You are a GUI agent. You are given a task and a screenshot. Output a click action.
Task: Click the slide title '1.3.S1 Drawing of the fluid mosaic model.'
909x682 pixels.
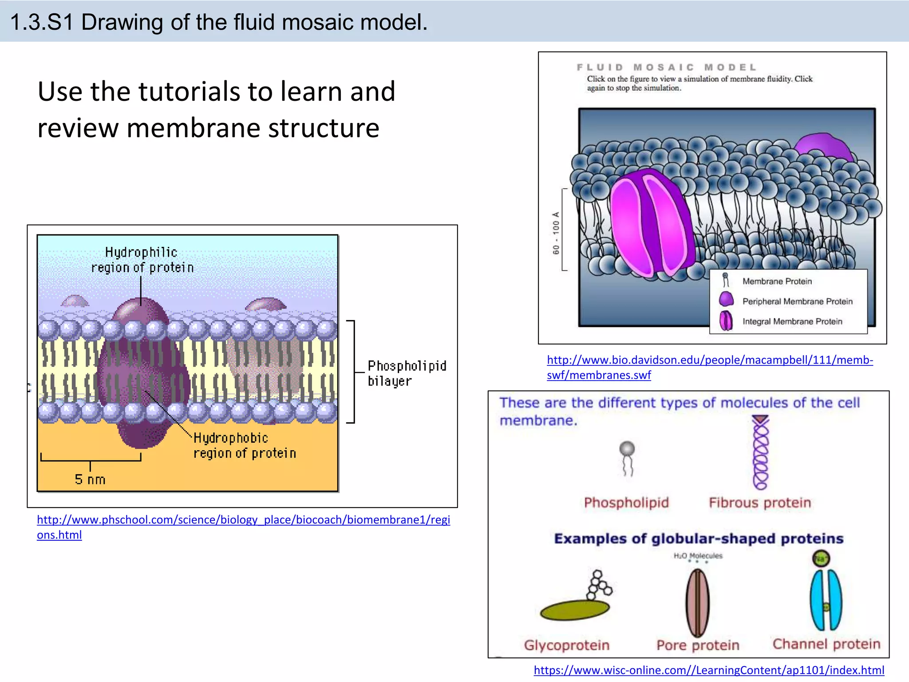click(x=218, y=22)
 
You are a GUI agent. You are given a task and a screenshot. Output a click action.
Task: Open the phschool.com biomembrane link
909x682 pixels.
click(x=243, y=520)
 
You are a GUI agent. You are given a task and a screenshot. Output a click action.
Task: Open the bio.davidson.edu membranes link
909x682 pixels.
click(x=709, y=360)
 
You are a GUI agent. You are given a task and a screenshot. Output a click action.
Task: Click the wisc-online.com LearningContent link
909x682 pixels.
click(x=708, y=670)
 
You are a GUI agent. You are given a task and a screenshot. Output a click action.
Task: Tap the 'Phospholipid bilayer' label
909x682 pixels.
click(x=406, y=373)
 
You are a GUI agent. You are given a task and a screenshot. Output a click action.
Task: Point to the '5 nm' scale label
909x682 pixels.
click(x=90, y=480)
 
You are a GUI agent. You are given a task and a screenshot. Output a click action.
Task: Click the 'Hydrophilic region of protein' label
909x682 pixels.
click(x=142, y=260)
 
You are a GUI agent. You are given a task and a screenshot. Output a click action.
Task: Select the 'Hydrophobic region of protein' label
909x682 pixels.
click(x=244, y=445)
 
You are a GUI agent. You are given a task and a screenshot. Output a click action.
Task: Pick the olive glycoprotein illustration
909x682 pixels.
click(x=574, y=610)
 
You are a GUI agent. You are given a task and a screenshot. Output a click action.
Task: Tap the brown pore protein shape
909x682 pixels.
click(x=697, y=603)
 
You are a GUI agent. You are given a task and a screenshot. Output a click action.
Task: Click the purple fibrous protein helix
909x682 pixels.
click(x=760, y=453)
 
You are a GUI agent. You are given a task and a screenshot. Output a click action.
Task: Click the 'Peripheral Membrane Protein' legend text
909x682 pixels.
click(x=797, y=301)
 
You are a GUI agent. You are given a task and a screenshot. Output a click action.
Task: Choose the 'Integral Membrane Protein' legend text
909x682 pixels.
click(x=792, y=321)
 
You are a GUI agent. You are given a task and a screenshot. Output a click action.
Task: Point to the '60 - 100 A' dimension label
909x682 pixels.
click(x=556, y=233)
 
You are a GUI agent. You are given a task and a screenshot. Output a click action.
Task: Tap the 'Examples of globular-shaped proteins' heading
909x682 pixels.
click(x=698, y=539)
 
